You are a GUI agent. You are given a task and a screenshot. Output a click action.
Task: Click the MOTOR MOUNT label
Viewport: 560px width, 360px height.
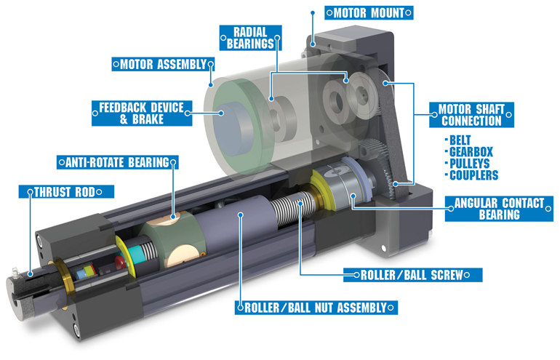click(369, 12)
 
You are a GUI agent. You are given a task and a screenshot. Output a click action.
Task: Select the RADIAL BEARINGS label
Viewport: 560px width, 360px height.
click(249, 37)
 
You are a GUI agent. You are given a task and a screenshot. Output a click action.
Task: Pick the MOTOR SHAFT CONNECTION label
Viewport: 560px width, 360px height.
click(471, 114)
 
